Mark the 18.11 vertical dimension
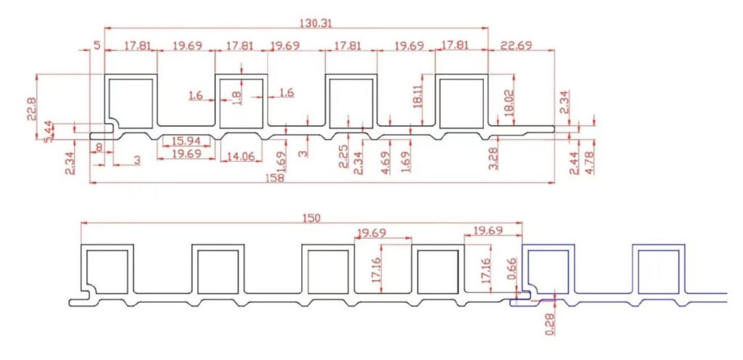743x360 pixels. click(417, 95)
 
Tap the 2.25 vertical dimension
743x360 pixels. click(344, 156)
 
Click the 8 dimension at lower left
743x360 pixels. click(97, 147)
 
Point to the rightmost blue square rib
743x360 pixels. click(660, 269)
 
